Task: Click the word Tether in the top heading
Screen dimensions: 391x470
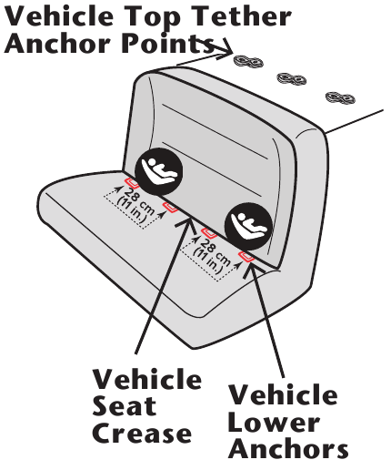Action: click(x=242, y=15)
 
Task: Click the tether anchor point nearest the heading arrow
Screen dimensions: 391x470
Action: click(x=248, y=62)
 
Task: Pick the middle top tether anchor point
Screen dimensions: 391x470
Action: click(x=292, y=79)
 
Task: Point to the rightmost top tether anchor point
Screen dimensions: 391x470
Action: click(x=340, y=97)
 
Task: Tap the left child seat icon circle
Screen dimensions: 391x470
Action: click(x=158, y=171)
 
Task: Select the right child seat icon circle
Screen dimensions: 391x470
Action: click(x=248, y=227)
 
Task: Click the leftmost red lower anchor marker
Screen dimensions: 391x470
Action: click(x=132, y=183)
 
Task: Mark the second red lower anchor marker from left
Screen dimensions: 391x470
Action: click(x=170, y=207)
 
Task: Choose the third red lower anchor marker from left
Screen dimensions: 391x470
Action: click(x=208, y=233)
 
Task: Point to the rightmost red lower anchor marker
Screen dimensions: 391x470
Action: click(x=246, y=257)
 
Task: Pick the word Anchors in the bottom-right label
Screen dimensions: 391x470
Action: click(x=288, y=448)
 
